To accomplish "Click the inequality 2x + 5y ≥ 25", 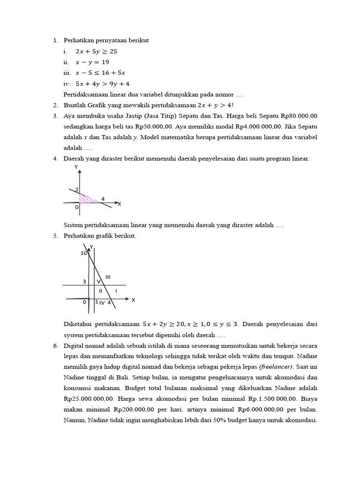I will [96, 51].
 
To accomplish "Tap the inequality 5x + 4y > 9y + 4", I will [103, 83].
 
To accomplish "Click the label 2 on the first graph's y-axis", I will [76, 189].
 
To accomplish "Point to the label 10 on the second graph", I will [83, 253].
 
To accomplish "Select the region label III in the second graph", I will [108, 277].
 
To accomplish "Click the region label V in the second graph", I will [98, 281].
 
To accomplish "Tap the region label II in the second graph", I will [100, 291].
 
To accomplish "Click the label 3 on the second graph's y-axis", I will [84, 281].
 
